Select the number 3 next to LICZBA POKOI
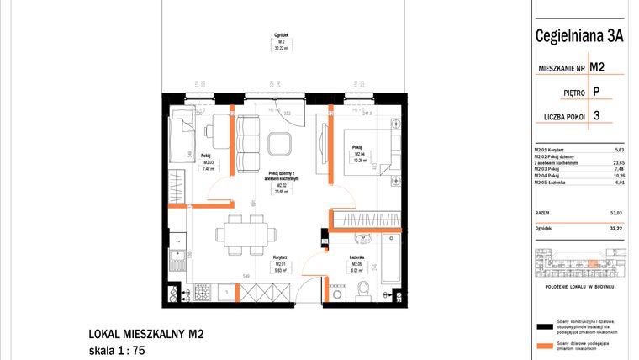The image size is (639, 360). [x=596, y=117]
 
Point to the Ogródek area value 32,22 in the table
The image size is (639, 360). [x=615, y=228]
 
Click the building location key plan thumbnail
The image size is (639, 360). [x=579, y=267]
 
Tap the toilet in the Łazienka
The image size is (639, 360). [x=363, y=289]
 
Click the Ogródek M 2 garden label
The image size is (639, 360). [x=281, y=42]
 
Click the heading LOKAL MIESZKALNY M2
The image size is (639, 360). [x=145, y=334]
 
